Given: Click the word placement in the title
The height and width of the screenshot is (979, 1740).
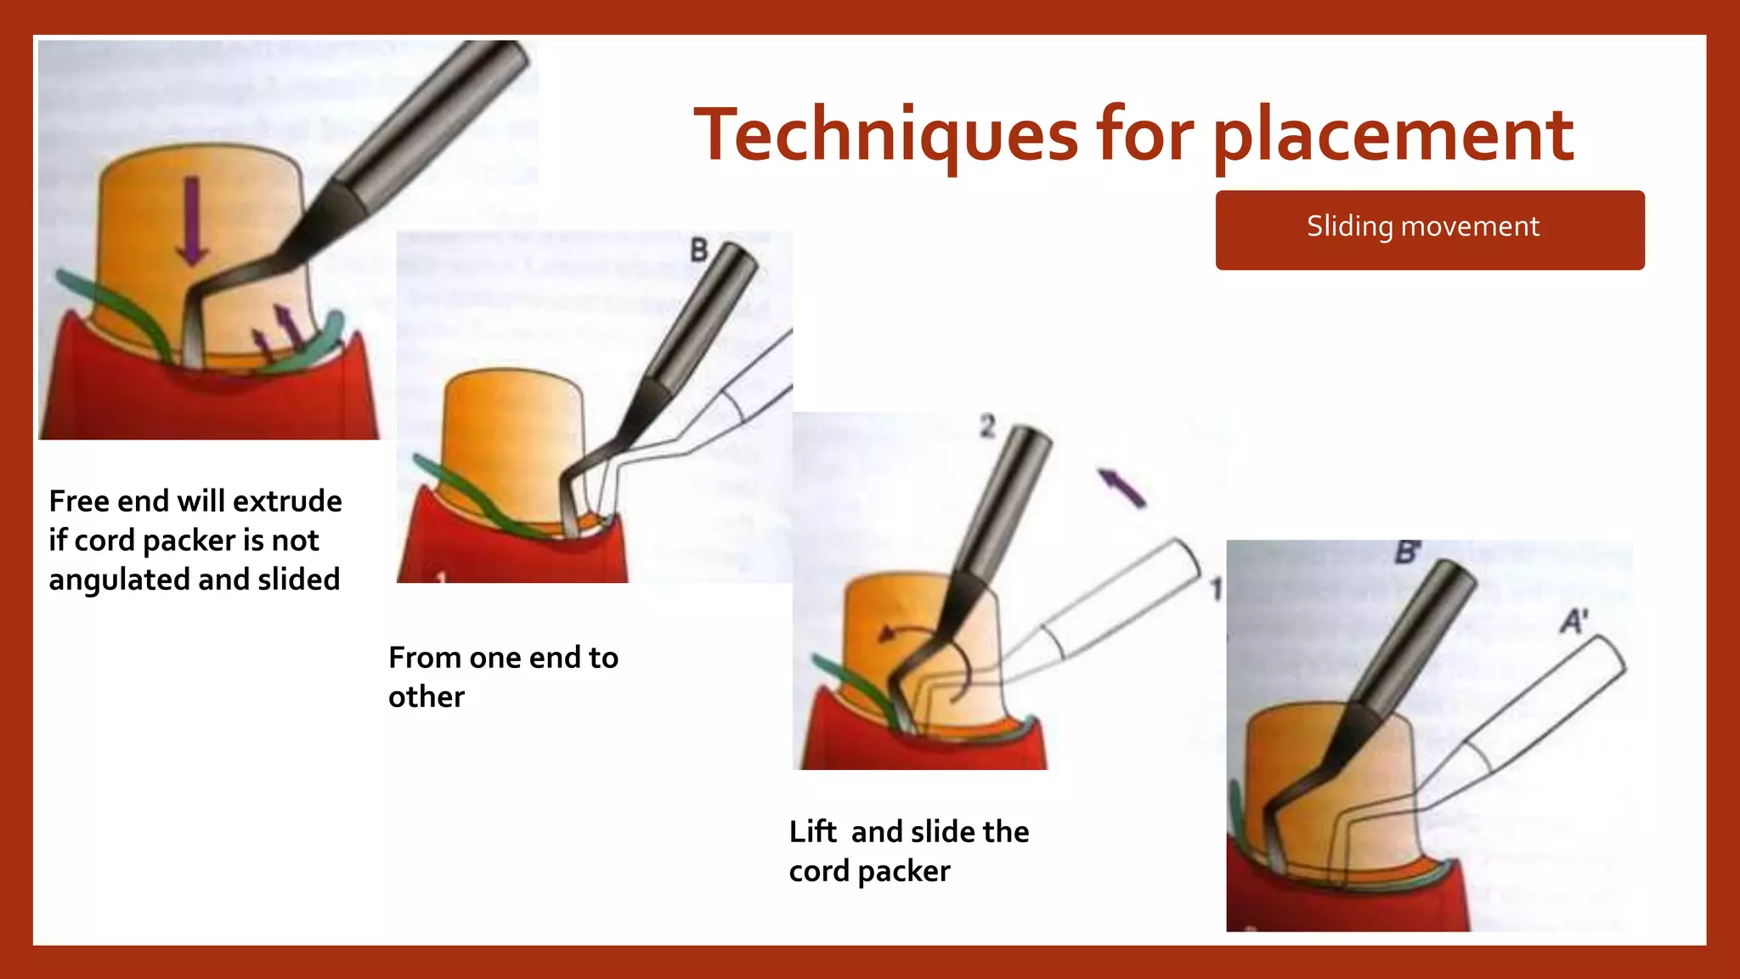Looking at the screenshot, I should coord(1393,136).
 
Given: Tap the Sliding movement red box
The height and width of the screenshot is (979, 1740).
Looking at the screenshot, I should coord(1429,229).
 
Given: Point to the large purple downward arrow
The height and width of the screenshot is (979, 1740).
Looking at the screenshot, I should coord(192,221).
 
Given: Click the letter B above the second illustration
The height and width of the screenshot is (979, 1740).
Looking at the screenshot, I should coord(698,251).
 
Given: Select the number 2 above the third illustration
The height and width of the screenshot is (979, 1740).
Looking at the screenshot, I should coord(986,426).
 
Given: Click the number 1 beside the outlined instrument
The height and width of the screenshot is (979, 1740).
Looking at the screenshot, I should coord(1216,589).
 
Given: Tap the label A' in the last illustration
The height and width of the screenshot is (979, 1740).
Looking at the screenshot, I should coord(1573,621).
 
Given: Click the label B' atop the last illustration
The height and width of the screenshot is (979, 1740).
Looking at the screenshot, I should coord(1407,553).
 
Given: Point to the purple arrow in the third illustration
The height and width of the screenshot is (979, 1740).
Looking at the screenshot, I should coord(1121,488).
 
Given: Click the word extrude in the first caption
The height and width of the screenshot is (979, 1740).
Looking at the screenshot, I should coord(287,501).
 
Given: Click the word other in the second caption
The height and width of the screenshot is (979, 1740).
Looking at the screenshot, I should coord(427,698).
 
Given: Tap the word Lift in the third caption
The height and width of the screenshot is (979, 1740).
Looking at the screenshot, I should coord(812,832).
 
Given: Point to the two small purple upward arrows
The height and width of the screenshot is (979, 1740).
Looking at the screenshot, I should coord(277,331).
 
